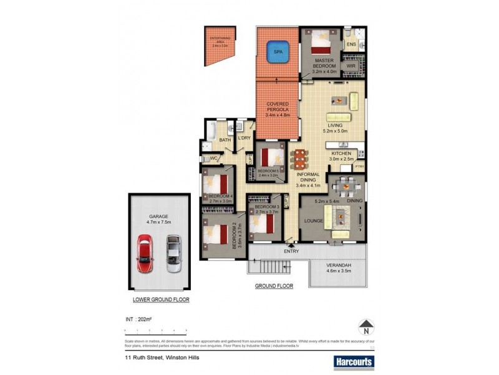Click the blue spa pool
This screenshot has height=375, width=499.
tap(278, 52)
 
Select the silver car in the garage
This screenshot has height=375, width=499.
tap(173, 252)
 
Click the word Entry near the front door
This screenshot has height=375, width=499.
tap(291, 251)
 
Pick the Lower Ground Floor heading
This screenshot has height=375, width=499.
tap(161, 300)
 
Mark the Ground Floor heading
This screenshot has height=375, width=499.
tap(274, 286)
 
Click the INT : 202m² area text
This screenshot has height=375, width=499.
tap(138, 320)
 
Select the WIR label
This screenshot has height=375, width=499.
tap(351, 66)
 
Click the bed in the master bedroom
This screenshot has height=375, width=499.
tap(322, 42)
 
